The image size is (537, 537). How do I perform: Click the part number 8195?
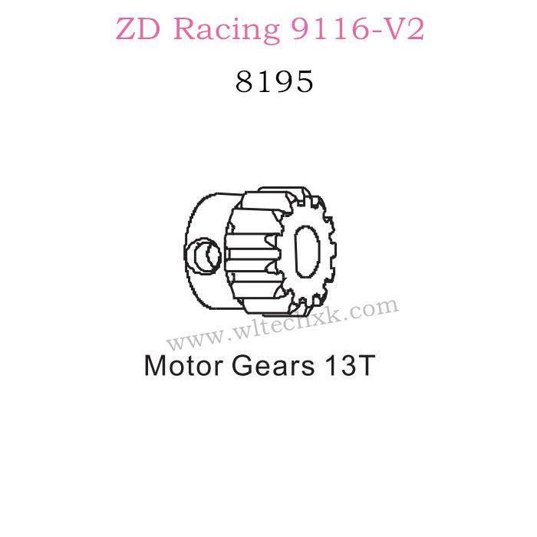tap(275, 81)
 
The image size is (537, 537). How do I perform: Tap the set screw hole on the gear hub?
tap(204, 255)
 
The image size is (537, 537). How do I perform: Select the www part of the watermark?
tap(189, 339)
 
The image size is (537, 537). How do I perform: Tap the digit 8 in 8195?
tap(246, 81)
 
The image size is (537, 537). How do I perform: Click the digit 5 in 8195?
tap(304, 81)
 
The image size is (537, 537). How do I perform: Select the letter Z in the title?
tap(127, 30)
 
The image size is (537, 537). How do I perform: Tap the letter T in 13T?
tap(364, 365)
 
